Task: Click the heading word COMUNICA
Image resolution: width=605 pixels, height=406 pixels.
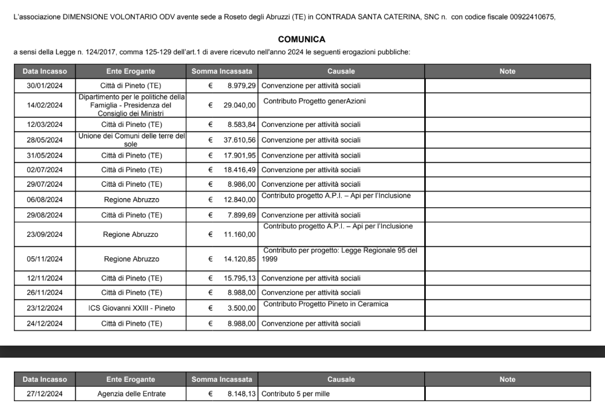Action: tap(302, 40)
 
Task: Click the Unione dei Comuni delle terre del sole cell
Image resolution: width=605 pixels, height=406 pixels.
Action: tap(131, 140)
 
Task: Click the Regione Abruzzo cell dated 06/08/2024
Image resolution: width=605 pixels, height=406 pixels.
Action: tap(131, 199)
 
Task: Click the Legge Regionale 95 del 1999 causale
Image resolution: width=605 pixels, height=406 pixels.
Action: tap(340, 254)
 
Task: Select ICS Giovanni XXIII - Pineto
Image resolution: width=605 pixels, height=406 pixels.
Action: tap(131, 308)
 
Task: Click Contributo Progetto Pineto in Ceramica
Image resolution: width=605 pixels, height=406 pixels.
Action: tap(325, 304)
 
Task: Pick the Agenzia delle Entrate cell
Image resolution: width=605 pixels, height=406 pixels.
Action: tap(131, 394)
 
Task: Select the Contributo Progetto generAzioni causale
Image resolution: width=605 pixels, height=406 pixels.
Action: tap(315, 101)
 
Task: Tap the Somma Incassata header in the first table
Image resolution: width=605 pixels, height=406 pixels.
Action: tap(221, 71)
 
